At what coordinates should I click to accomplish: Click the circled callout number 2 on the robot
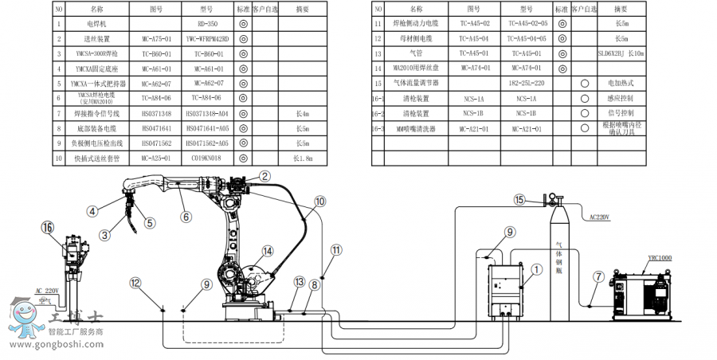point(265,177)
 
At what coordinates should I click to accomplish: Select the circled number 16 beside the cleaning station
point(47,227)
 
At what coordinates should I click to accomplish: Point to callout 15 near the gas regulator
point(519,199)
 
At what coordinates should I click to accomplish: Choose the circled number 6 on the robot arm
point(186,216)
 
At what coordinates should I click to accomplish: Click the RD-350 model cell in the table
point(208,24)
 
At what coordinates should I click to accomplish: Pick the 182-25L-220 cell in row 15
point(526,83)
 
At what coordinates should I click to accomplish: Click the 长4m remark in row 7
point(301,114)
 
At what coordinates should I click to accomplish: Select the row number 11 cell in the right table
point(378,24)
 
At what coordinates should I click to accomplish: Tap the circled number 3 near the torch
point(104,235)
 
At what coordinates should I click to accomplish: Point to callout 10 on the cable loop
point(319,202)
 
